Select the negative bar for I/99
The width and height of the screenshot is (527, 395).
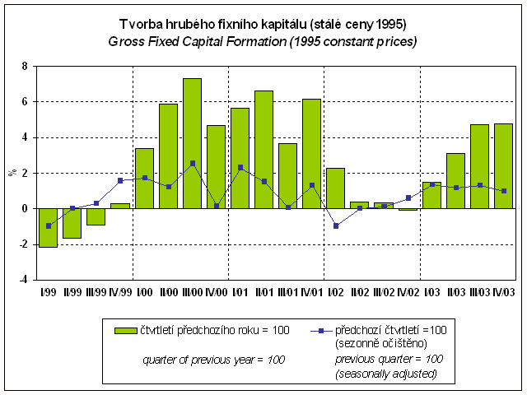tap(49, 227)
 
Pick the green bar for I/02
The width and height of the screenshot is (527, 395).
tap(335, 188)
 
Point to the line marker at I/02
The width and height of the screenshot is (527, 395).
tap(335, 225)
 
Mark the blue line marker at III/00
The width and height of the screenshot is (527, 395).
tap(192, 163)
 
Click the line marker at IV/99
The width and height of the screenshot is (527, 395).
tap(120, 180)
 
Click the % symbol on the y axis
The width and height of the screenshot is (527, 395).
tap(12, 173)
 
